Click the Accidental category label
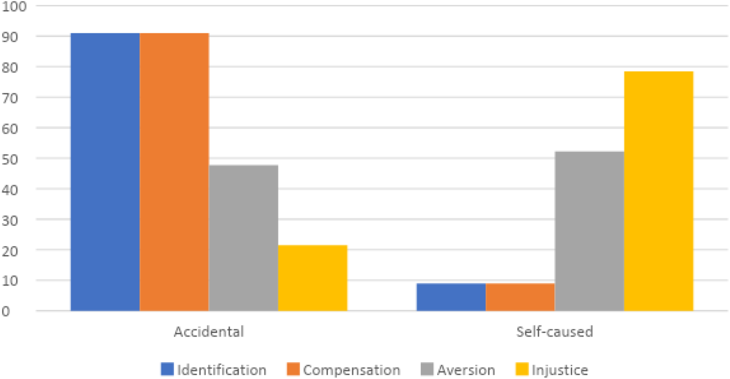(x=209, y=332)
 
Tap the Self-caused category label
(x=555, y=332)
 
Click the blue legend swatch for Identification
(x=167, y=369)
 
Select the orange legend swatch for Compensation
(x=293, y=369)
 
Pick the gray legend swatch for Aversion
(x=427, y=369)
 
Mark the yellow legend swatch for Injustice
(x=522, y=369)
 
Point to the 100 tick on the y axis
(x=14, y=6)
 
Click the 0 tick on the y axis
(x=6, y=311)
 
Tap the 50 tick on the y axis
(x=10, y=160)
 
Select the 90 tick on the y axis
(x=10, y=37)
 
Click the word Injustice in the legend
(x=560, y=370)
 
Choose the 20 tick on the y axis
(x=10, y=251)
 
